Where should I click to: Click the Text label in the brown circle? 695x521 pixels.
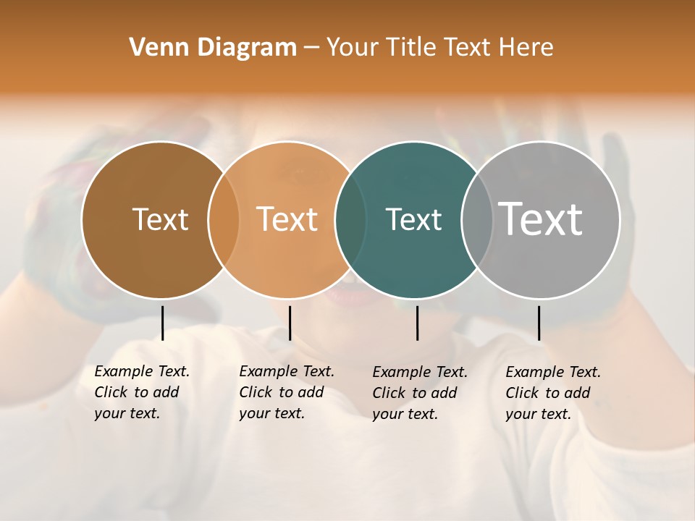click(160, 219)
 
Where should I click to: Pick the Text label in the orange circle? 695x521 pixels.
click(287, 219)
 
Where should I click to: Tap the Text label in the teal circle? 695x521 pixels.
click(413, 219)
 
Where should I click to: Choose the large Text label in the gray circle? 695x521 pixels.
click(541, 219)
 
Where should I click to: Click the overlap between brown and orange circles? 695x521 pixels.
click(224, 219)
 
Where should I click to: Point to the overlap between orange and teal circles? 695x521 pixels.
click(350, 219)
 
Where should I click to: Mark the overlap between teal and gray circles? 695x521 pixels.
click(477, 219)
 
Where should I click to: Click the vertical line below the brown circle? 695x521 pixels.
click(162, 323)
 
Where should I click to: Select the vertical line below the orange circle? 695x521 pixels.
click(290, 323)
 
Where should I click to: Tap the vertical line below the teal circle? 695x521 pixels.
click(417, 323)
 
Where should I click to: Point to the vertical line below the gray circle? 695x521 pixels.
click(539, 323)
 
